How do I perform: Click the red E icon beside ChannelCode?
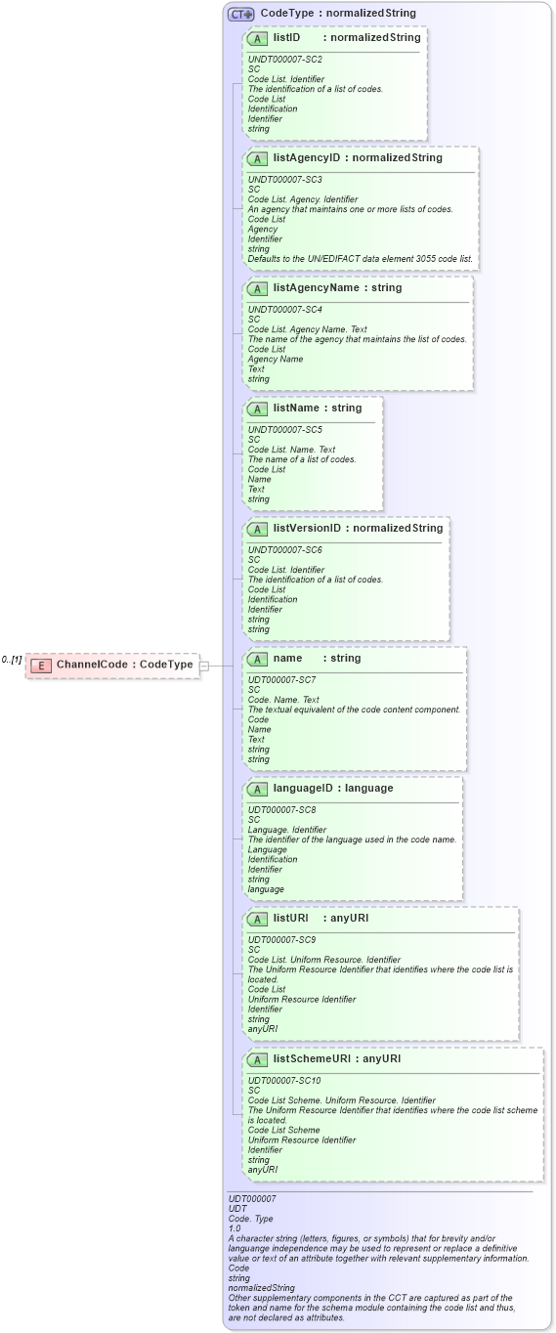(x=41, y=666)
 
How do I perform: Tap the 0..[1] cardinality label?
(x=12, y=661)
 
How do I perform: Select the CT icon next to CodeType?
(x=240, y=14)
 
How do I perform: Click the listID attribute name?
(x=286, y=38)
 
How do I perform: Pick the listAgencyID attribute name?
(x=309, y=158)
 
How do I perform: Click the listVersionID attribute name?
(x=307, y=529)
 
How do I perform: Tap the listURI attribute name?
(x=291, y=919)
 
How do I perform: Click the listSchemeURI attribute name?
(x=312, y=1059)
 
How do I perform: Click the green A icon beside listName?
(x=257, y=408)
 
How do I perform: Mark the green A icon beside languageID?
(x=257, y=789)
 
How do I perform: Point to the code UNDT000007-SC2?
(x=284, y=60)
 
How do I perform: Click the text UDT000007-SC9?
(x=282, y=939)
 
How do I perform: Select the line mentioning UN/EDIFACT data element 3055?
(x=360, y=259)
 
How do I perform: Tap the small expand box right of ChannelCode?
(x=204, y=666)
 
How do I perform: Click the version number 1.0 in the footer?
(x=235, y=1228)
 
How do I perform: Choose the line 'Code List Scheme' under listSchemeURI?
(x=283, y=1131)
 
